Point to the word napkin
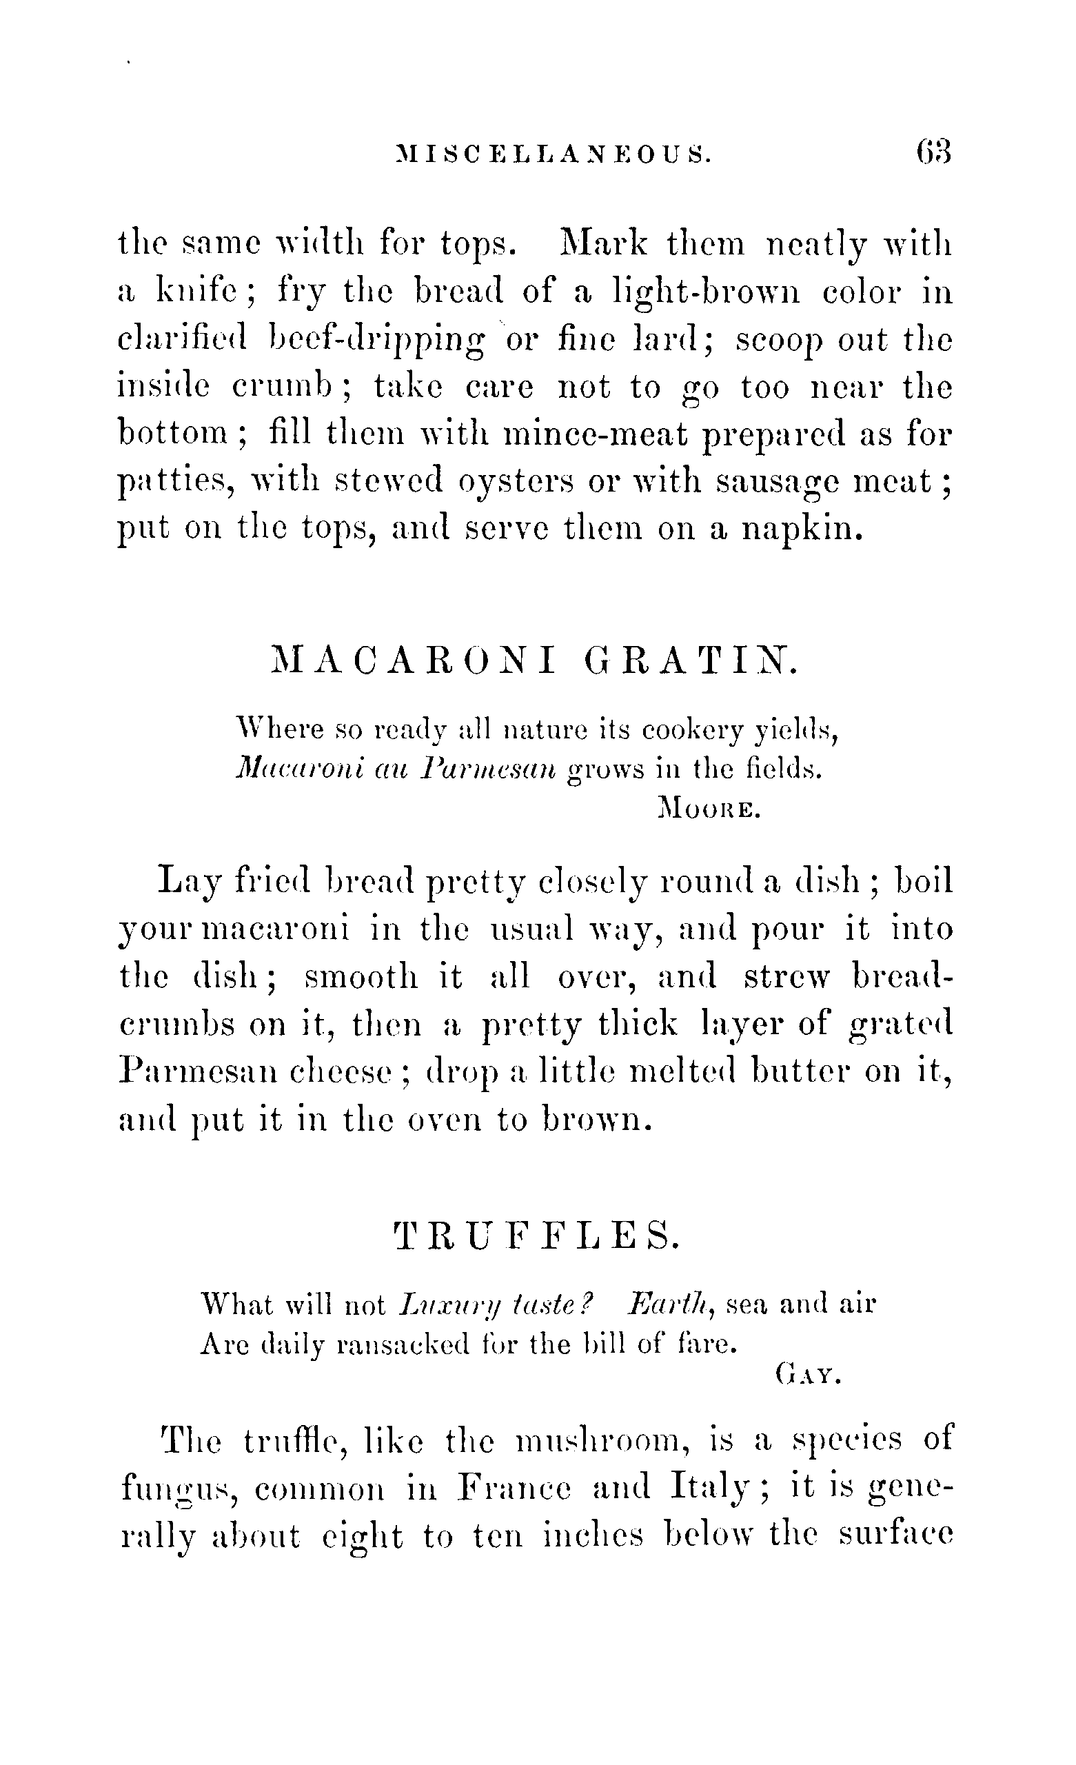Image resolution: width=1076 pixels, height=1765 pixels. pos(801,529)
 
